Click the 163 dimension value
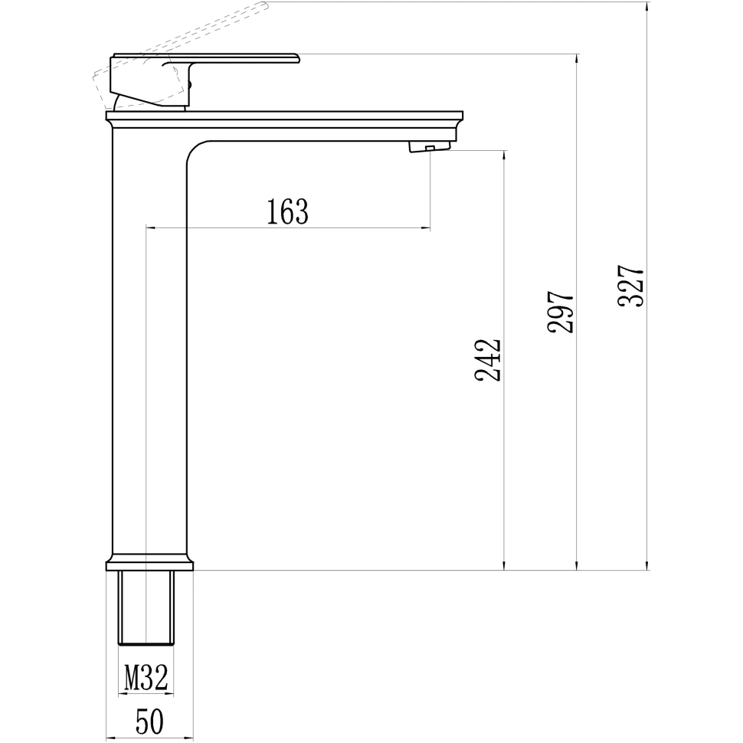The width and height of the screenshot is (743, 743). point(287,211)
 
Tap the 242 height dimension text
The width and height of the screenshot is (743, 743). point(488,359)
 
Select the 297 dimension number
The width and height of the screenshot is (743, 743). point(560,311)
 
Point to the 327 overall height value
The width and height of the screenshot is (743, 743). point(631,286)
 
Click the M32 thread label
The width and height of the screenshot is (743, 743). point(146,677)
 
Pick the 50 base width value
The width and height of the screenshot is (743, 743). point(149,722)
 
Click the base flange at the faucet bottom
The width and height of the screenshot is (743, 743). point(149,565)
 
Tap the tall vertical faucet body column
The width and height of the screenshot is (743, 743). point(149,345)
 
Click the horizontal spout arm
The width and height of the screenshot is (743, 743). point(322,126)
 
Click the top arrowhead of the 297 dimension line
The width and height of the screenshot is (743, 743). point(577,59)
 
